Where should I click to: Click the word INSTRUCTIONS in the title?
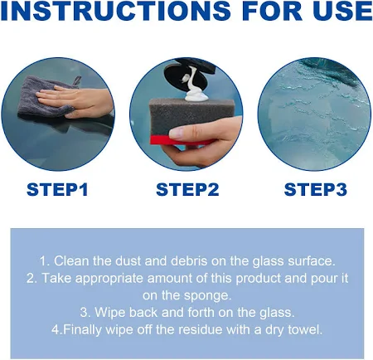(x=115, y=11)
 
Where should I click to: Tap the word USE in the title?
(x=342, y=11)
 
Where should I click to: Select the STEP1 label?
(x=57, y=190)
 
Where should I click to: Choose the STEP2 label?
(x=187, y=190)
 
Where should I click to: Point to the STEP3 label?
(x=316, y=190)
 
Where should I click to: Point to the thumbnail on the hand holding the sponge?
(x=176, y=134)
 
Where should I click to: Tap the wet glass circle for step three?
(x=314, y=114)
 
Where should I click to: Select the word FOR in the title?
(x=272, y=11)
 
